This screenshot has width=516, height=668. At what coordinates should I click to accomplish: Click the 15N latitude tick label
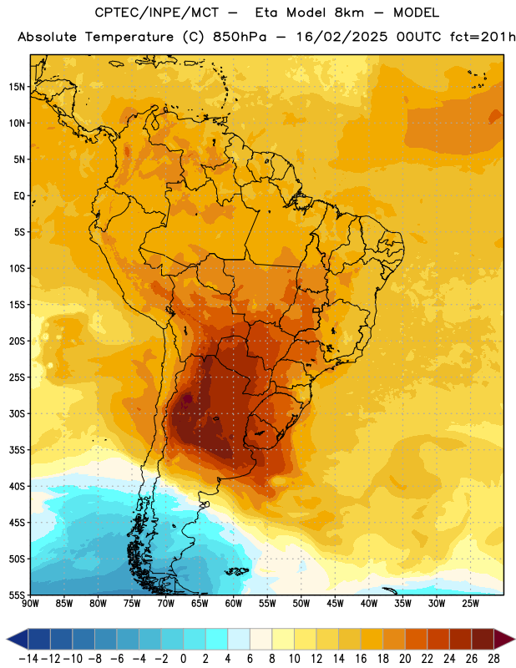coord(17,87)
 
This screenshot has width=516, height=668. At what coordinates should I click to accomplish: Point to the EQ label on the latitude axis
coord(19,196)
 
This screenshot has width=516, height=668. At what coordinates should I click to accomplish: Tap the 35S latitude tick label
coord(17,450)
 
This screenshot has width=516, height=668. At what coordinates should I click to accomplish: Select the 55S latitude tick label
coord(17,595)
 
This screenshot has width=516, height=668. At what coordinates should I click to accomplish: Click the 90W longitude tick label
coord(30,604)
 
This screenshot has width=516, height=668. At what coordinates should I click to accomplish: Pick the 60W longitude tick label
coord(234,604)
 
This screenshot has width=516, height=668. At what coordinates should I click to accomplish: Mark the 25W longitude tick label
coord(470,604)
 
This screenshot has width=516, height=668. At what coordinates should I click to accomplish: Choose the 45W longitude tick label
coord(335,604)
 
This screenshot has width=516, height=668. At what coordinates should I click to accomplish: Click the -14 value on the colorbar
coord(28,659)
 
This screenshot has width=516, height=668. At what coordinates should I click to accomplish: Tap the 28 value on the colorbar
coord(493,659)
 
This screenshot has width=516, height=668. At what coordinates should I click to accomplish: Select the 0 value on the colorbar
coord(183,659)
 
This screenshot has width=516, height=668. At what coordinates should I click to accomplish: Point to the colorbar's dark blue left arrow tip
coord(7,639)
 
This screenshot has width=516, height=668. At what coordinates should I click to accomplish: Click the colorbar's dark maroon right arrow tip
coord(514,639)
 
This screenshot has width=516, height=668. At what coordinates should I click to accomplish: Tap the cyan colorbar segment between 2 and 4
coord(216,639)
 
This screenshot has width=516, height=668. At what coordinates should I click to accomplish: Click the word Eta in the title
coord(266,13)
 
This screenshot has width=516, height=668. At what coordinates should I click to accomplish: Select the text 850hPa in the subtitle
coord(240,37)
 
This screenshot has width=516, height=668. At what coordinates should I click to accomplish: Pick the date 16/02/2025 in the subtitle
coord(341,37)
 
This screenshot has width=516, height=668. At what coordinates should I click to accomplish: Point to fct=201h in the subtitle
coord(483,37)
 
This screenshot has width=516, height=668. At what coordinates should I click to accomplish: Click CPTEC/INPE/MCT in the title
coord(156,13)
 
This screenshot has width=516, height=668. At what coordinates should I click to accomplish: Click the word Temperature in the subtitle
coord(129,38)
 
